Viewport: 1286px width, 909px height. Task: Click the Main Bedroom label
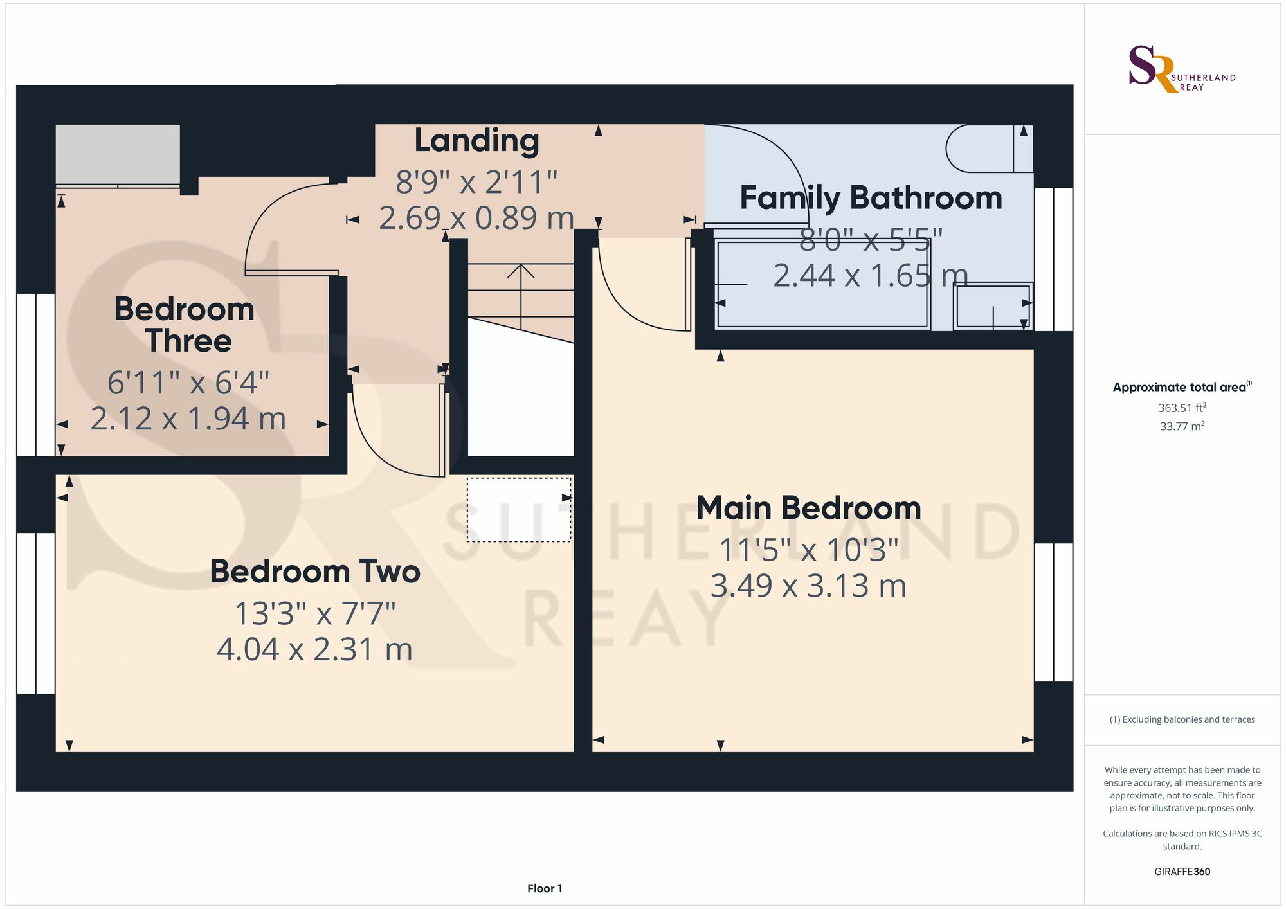[809, 508]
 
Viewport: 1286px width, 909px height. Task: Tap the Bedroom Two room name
[315, 571]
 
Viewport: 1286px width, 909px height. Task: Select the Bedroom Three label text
[185, 325]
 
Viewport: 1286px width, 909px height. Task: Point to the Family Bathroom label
[871, 197]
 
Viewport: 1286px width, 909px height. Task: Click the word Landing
[476, 141]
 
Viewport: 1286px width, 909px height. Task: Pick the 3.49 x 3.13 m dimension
[808, 586]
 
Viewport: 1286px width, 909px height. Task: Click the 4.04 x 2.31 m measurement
[314, 649]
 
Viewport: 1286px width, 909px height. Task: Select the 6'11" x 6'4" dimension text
[188, 382]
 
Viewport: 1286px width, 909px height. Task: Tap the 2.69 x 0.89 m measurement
[476, 218]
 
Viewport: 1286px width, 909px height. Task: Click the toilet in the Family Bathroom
[990, 148]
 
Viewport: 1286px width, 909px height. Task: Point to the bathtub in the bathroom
[823, 284]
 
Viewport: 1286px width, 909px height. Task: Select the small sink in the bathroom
[993, 306]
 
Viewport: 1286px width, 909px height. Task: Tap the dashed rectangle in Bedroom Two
[519, 509]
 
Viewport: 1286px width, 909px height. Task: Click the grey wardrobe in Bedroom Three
[118, 154]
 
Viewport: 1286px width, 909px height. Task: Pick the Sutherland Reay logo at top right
[1182, 69]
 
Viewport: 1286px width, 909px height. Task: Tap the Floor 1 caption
[545, 888]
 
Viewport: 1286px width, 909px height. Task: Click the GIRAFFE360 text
[1182, 872]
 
